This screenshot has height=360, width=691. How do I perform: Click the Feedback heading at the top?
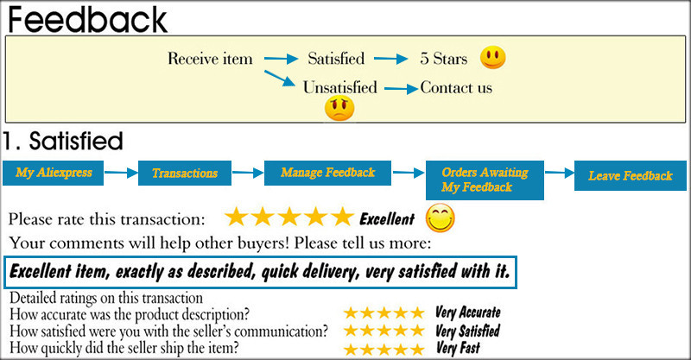pos(87,19)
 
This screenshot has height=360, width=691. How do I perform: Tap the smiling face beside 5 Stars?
pos(492,57)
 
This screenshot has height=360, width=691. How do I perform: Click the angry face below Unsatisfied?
pos(339,109)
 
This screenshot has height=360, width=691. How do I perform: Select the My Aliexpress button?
pos(53,173)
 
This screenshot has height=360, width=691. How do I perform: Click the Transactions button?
pos(185,173)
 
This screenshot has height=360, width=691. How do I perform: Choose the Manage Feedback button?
pos(327,173)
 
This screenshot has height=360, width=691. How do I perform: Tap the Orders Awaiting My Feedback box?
pos(485,180)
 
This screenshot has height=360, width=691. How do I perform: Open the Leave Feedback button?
pos(631,175)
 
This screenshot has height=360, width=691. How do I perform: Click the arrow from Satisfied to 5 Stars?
pos(391,59)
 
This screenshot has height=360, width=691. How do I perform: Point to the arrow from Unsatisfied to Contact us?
pos(401,89)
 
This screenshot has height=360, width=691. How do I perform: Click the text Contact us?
pos(456,87)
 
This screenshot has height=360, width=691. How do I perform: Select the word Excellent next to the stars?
pos(387,218)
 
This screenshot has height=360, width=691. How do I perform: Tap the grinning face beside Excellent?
pos(440,218)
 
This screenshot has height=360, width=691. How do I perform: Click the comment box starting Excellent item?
pos(260,272)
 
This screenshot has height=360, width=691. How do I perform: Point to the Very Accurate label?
pos(467,313)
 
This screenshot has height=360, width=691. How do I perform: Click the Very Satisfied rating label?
pos(467,331)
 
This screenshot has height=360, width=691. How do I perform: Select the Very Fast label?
pos(458,348)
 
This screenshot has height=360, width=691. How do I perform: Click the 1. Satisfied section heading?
pos(62,141)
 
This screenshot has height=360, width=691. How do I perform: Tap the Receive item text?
pos(210,59)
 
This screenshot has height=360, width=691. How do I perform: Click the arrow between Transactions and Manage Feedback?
pos(248,173)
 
